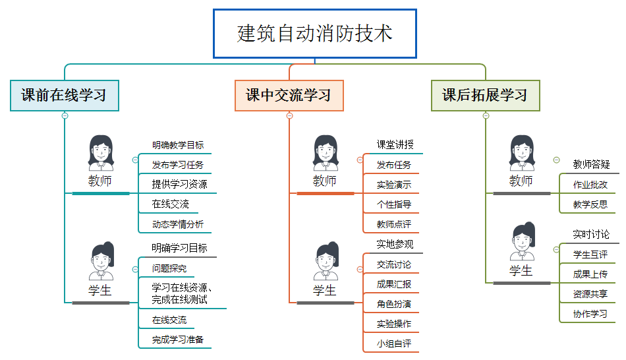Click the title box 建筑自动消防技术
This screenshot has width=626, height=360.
315,34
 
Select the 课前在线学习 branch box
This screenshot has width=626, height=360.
64,96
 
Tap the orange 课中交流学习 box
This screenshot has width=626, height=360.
289,96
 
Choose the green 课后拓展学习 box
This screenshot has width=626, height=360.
485,96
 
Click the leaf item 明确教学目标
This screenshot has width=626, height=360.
178,145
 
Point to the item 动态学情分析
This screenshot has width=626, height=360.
178,224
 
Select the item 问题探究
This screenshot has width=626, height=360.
169,268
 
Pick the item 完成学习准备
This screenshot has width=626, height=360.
178,340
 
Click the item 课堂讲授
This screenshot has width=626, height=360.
395,145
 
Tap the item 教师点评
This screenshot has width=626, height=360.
394,224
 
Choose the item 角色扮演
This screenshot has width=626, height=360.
394,304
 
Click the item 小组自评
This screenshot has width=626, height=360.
394,344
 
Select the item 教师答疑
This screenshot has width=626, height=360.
591,164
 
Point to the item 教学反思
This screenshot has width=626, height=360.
590,204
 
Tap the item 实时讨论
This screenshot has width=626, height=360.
591,234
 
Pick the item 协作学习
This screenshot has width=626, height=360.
590,314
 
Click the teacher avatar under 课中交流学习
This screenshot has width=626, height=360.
325,153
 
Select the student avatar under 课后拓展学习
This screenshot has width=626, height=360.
521,242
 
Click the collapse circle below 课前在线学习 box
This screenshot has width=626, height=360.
65,116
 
